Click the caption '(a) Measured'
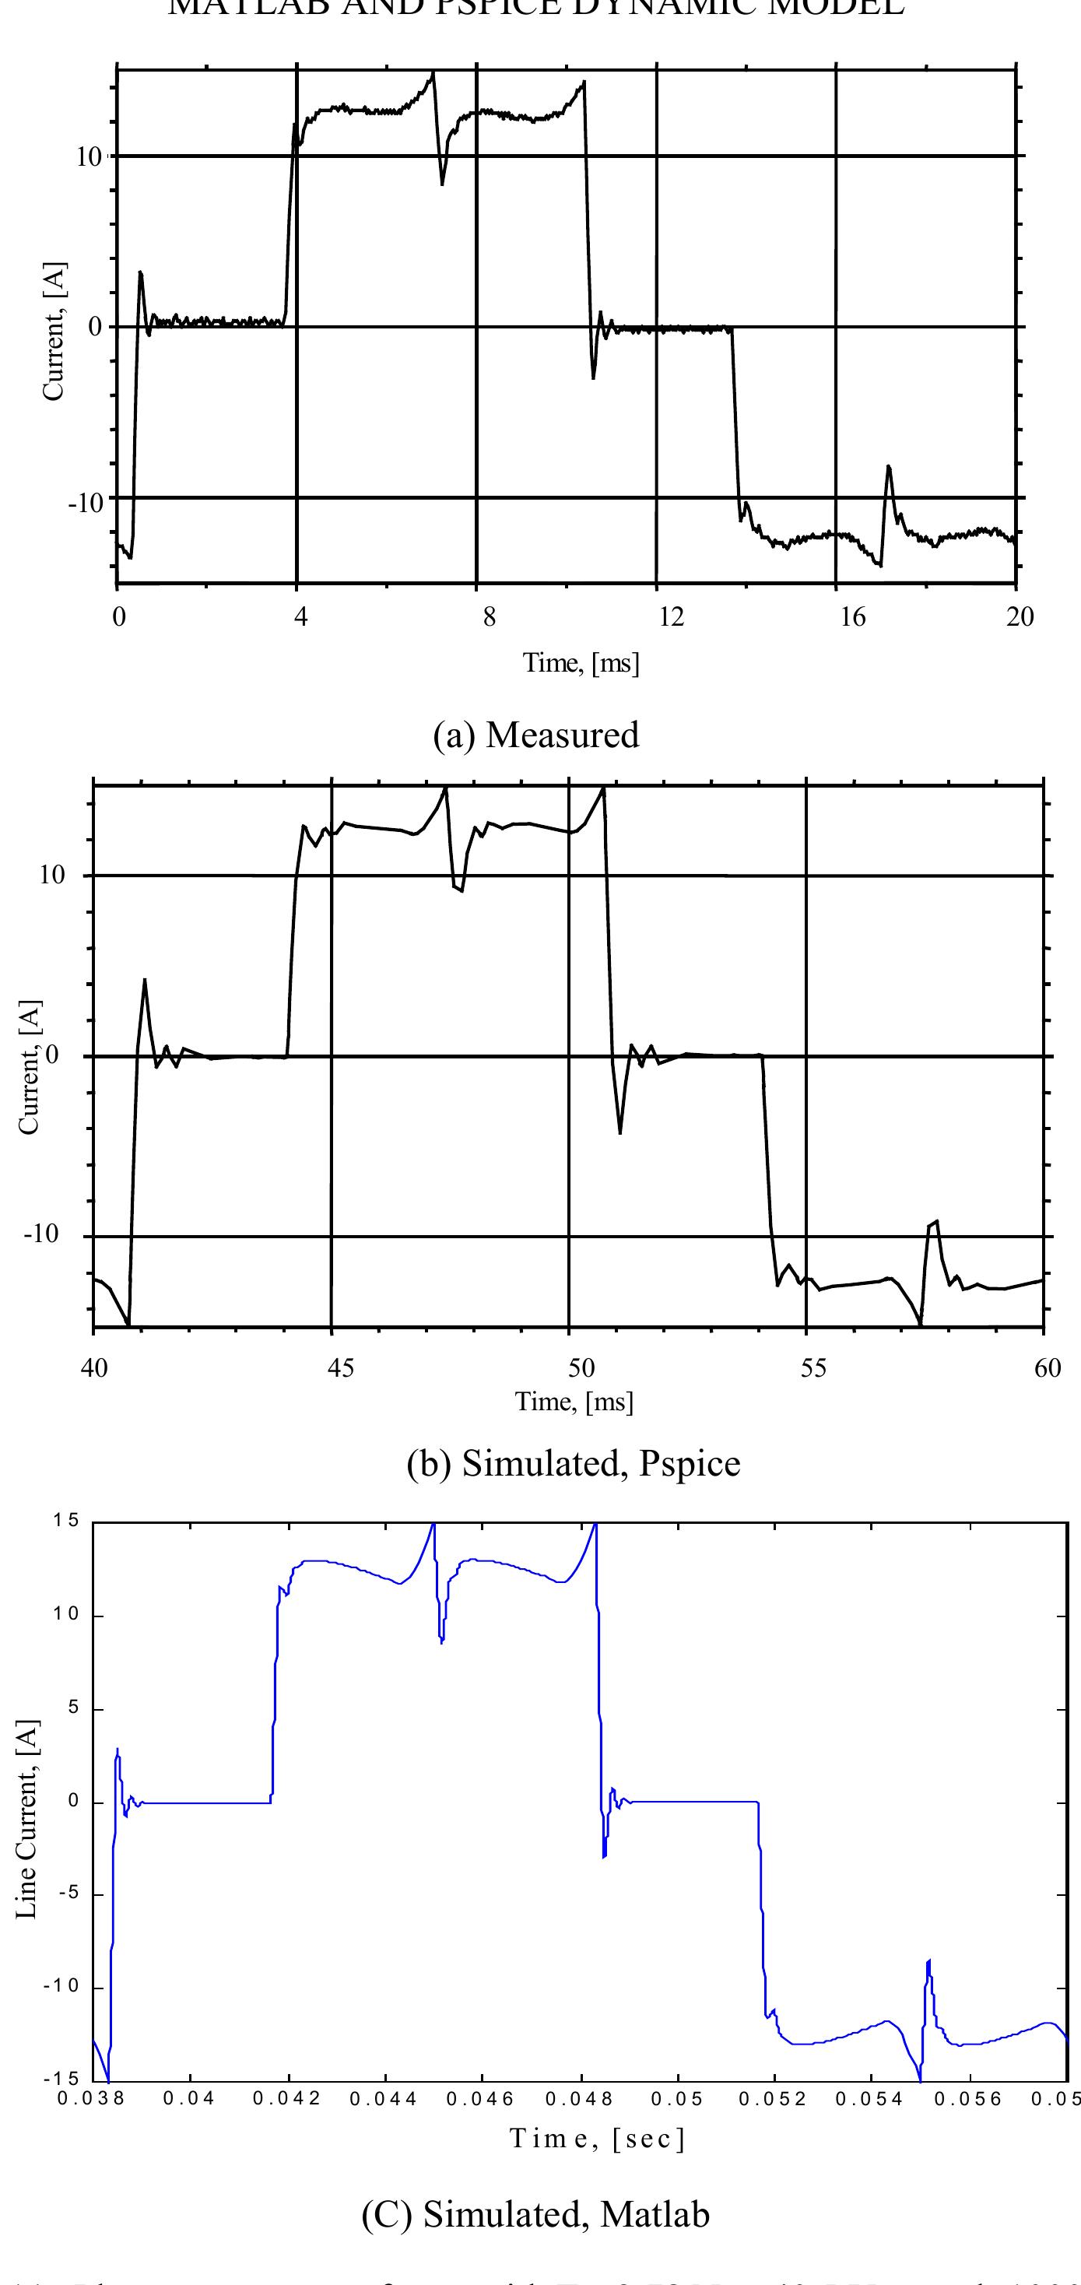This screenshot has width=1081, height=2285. point(535,735)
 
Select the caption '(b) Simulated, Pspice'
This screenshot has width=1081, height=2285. point(573,1462)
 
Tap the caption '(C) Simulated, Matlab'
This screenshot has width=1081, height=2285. point(535,2214)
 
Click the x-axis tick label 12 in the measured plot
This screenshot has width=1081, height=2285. point(672,617)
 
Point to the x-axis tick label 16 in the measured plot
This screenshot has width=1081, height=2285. point(852,617)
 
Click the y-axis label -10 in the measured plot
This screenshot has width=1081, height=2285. point(86,503)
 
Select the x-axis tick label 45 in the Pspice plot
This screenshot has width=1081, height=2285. point(339,1367)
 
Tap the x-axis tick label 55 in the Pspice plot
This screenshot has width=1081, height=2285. point(813,1367)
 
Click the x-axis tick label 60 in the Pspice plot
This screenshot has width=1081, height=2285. point(1047,1367)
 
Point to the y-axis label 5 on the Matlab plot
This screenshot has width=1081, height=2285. point(74,1708)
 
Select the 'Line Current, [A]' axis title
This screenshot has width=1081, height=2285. point(27,1818)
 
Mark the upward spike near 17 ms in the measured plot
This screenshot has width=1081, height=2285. point(888,467)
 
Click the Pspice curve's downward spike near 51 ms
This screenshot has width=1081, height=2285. point(619,1132)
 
